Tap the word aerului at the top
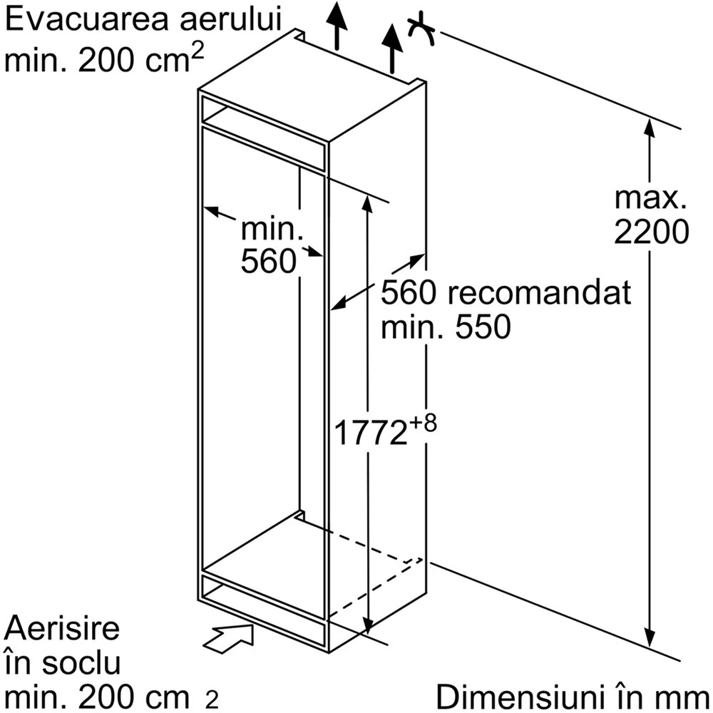(232, 19)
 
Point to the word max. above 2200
(650, 198)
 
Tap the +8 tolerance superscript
(423, 423)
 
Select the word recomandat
(540, 292)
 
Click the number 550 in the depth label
(483, 327)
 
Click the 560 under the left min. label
(268, 262)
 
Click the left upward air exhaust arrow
(337, 25)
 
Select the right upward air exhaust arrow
(392, 49)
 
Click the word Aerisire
(62, 628)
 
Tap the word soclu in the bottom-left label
(81, 662)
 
